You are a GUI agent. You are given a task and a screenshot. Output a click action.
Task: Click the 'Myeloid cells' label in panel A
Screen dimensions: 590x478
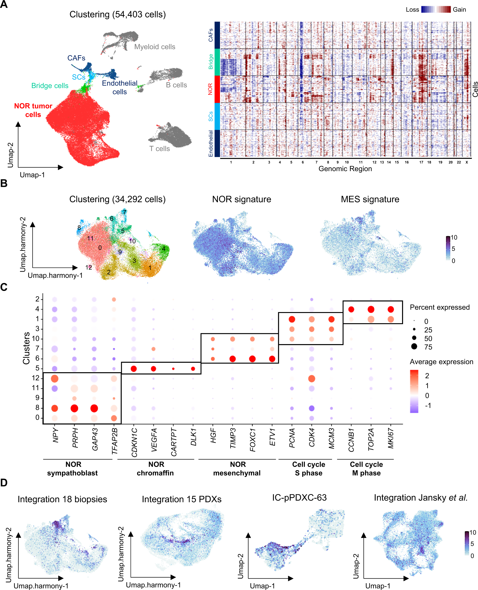(x=155, y=47)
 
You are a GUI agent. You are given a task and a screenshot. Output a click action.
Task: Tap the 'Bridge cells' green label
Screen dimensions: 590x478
(x=50, y=86)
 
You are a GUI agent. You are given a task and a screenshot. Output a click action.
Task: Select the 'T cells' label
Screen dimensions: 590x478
(x=159, y=149)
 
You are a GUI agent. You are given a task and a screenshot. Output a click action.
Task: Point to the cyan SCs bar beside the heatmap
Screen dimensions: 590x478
(x=217, y=116)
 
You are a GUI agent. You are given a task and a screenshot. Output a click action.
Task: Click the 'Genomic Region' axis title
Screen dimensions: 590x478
(x=345, y=169)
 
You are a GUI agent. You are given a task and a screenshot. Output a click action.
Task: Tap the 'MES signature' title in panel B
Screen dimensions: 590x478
(x=370, y=199)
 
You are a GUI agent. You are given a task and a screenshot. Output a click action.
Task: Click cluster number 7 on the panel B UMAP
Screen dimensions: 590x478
(x=124, y=212)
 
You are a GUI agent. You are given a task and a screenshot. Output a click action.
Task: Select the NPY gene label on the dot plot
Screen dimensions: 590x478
(x=55, y=435)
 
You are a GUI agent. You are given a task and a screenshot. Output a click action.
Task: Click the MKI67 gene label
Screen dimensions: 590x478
(x=391, y=438)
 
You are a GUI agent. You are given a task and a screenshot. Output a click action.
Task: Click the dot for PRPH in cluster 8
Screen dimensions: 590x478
(x=74, y=408)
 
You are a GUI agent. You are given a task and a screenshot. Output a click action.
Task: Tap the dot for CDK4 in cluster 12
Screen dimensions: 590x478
(x=311, y=379)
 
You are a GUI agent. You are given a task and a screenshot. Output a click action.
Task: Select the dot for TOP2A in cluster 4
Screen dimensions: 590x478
(x=371, y=309)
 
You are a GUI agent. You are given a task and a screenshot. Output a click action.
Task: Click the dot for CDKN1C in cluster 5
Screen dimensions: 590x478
(x=134, y=369)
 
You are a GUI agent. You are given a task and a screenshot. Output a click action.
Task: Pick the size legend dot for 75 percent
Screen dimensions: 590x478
(x=414, y=347)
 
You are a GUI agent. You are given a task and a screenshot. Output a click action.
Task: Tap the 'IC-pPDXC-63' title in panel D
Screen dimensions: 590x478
(x=299, y=498)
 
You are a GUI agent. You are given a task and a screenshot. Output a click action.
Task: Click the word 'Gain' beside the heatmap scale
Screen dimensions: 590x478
(x=459, y=10)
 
